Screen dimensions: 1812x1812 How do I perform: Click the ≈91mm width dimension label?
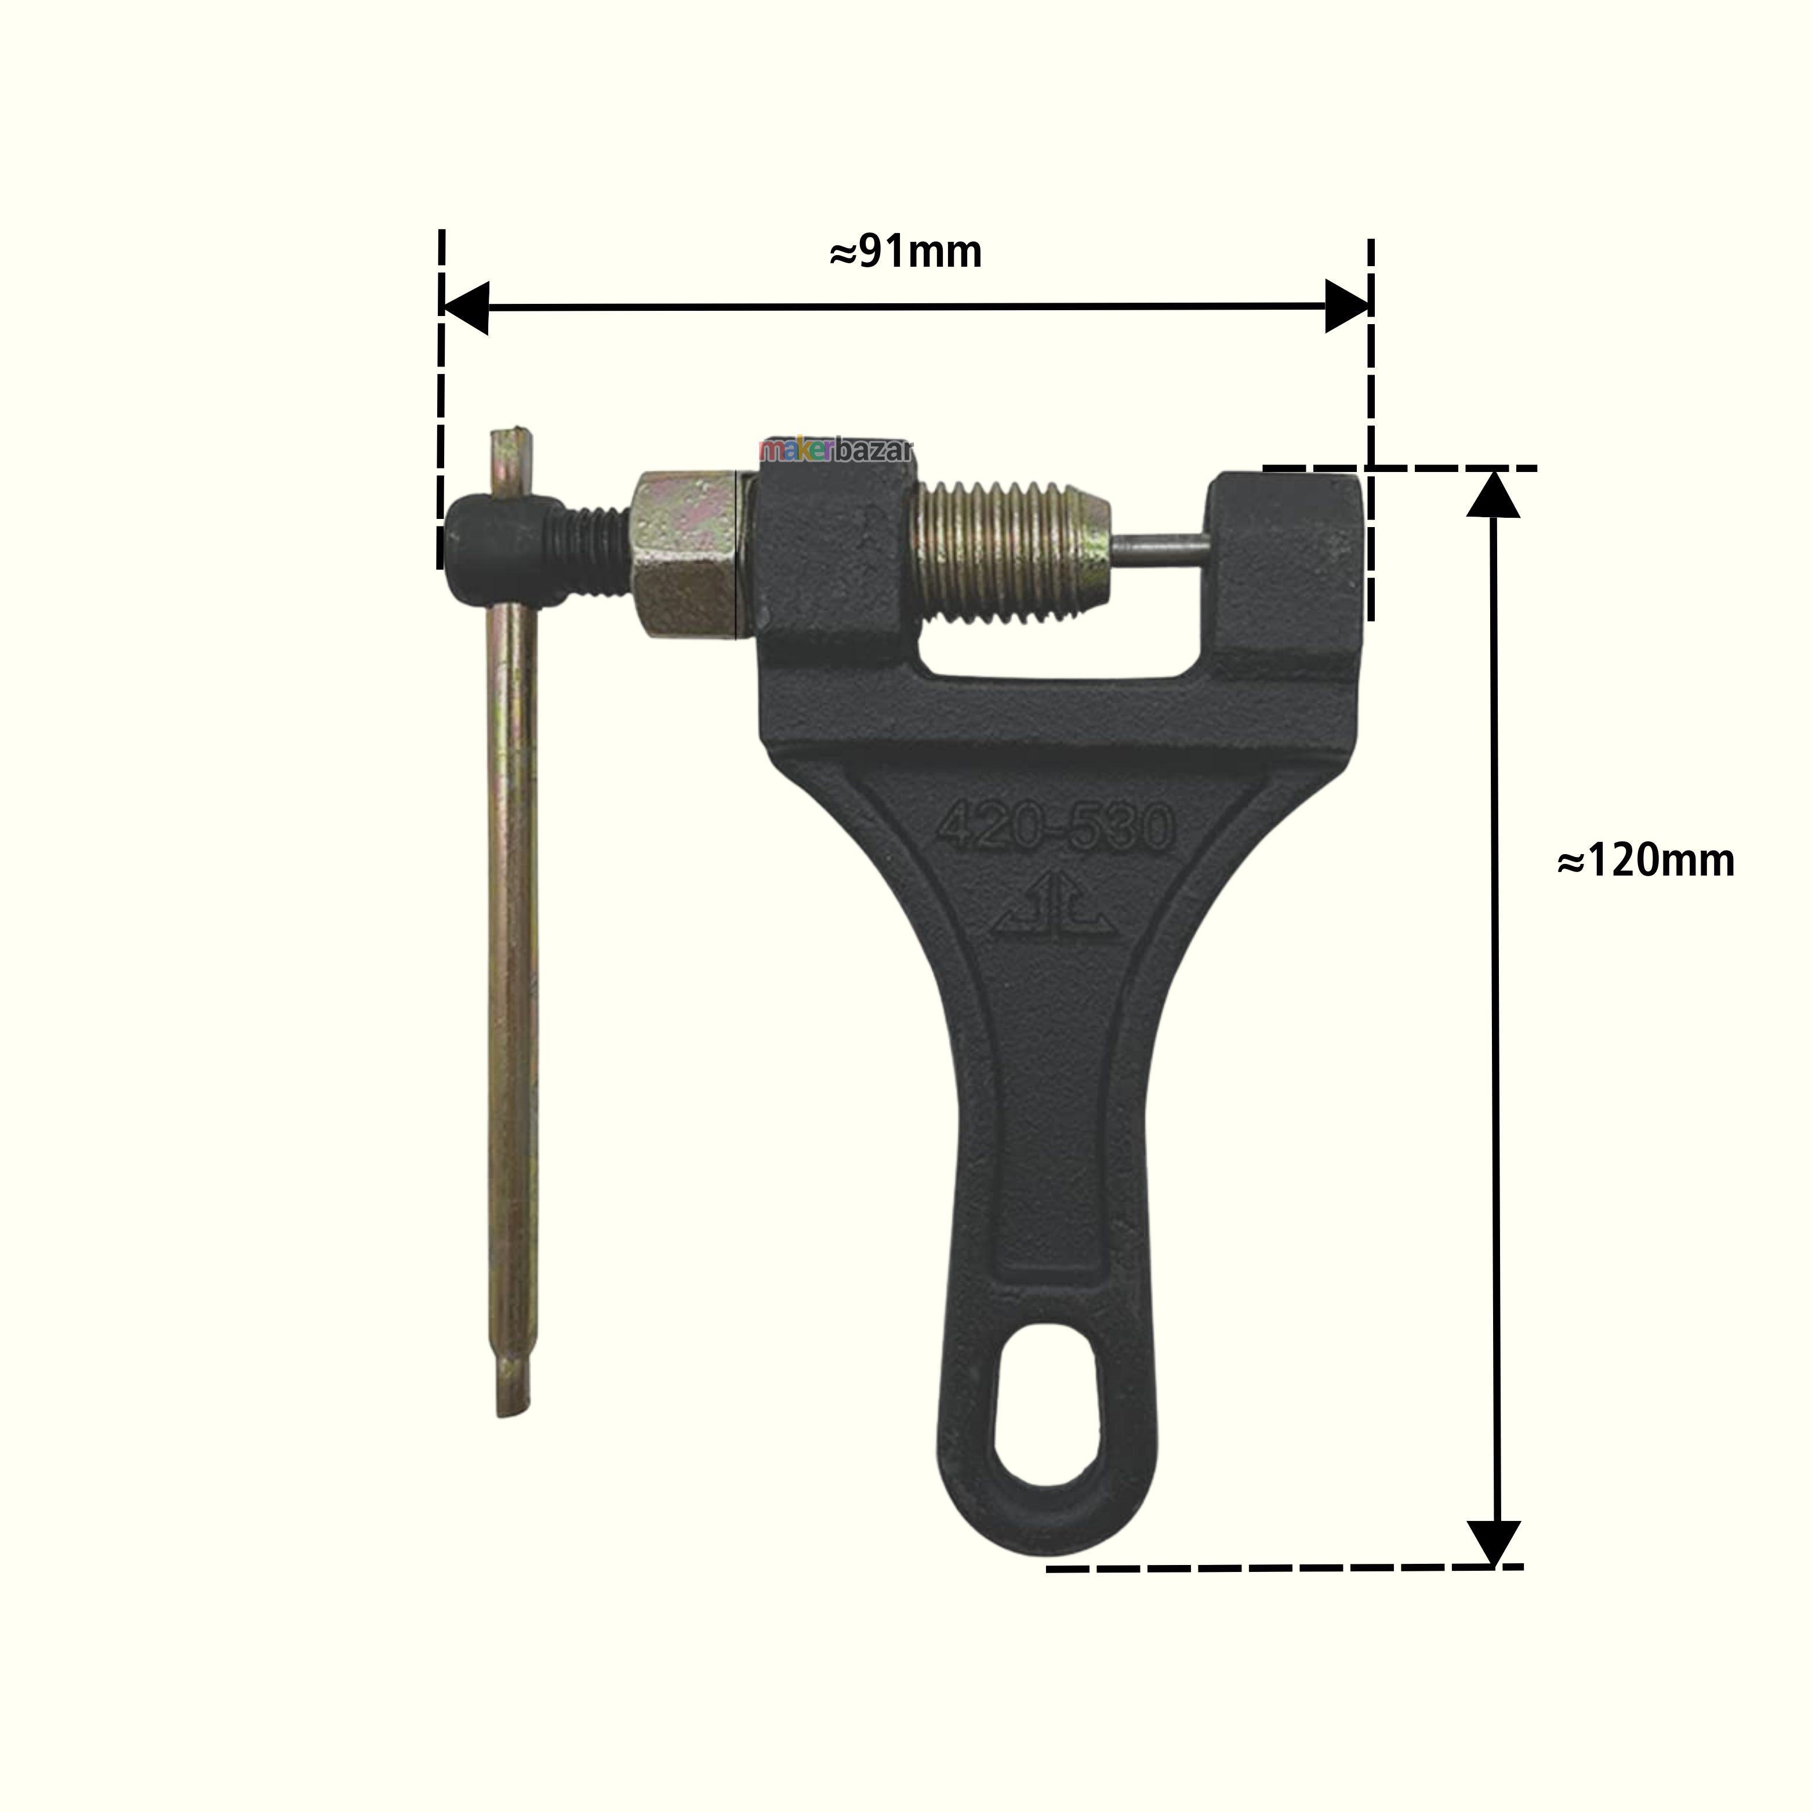pyautogui.click(x=906, y=252)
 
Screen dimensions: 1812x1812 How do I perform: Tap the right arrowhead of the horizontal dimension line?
pyautogui.click(x=1347, y=306)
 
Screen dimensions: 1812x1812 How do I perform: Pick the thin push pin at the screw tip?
pyautogui.click(x=1161, y=550)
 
